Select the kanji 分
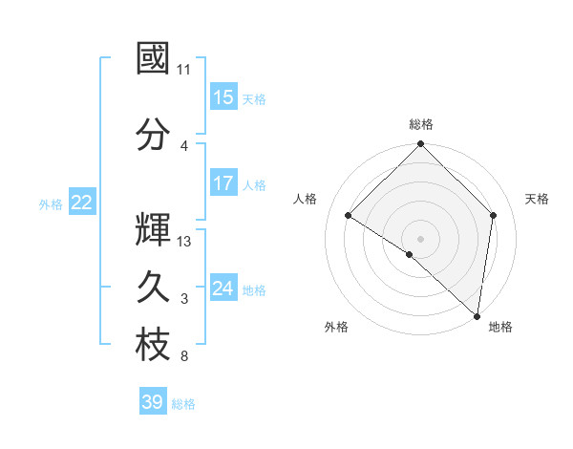click(x=153, y=135)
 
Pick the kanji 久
click(x=153, y=288)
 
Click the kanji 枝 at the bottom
click(x=153, y=346)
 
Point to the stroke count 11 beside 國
click(x=184, y=70)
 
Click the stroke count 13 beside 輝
click(x=185, y=242)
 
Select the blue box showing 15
click(x=223, y=97)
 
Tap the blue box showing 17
click(x=223, y=184)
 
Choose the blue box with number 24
click(x=223, y=289)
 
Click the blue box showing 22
click(x=82, y=203)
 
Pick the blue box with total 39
click(x=153, y=402)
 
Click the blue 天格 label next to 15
click(x=254, y=98)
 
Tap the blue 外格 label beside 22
click(x=51, y=203)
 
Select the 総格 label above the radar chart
click(x=421, y=124)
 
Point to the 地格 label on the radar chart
click(x=500, y=327)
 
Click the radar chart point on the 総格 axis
click(x=421, y=144)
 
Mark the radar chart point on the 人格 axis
click(x=349, y=215)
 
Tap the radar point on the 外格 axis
click(x=410, y=254)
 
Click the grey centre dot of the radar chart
click(x=421, y=238)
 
